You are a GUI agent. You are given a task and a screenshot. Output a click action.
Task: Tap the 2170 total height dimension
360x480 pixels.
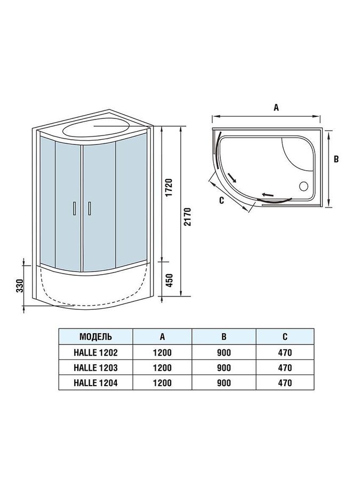(187, 217)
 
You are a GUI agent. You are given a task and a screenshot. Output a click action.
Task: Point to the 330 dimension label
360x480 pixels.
(20, 286)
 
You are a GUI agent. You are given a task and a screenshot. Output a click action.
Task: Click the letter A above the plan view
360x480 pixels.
(276, 107)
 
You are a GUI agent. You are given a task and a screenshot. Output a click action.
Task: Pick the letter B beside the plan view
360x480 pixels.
(336, 159)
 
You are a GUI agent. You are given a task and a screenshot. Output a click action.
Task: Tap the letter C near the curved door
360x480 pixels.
(222, 200)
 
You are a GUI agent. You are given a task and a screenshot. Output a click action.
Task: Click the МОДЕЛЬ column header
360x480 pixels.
(95, 337)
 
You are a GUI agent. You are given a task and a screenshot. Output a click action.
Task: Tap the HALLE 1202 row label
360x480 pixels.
(95, 353)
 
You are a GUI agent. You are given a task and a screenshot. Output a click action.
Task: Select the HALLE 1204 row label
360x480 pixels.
(95, 383)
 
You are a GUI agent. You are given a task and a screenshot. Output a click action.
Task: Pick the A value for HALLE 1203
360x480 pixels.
(162, 367)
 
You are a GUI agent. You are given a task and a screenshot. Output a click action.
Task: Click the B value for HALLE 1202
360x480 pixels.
(224, 353)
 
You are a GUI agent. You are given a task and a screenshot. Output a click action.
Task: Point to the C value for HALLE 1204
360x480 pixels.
(285, 383)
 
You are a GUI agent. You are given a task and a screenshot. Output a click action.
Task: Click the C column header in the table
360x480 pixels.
(285, 337)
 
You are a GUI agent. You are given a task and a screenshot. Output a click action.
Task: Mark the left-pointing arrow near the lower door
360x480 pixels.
(267, 195)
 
